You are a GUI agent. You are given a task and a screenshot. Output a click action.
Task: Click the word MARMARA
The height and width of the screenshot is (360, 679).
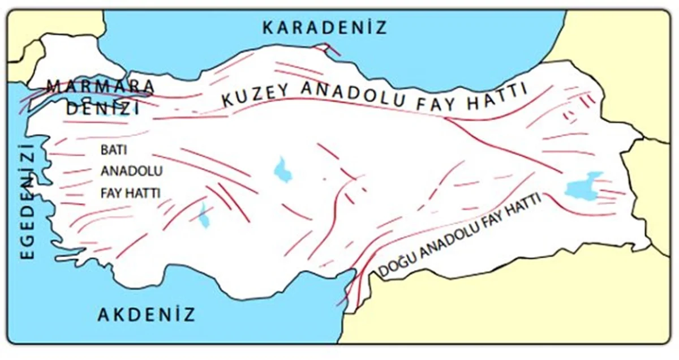coord(100,87)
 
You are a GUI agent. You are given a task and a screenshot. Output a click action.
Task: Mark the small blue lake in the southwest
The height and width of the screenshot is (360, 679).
coord(204,216)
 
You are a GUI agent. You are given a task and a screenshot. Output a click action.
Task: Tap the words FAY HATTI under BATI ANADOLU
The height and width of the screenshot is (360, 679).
coord(130,192)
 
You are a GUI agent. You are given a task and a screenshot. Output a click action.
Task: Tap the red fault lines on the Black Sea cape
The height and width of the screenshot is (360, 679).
coord(326,49)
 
